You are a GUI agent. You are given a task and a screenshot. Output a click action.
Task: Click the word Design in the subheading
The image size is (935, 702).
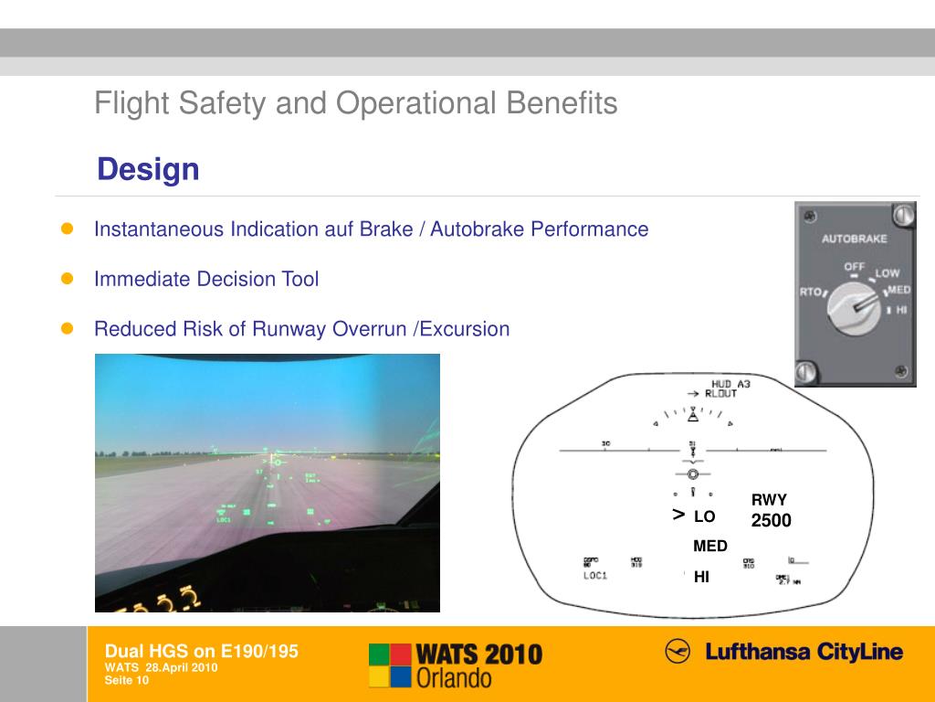point(148,169)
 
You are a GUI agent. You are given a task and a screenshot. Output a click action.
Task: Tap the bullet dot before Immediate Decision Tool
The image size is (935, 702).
point(67,279)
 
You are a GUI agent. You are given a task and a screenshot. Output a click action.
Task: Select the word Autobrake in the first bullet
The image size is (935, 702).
point(478,229)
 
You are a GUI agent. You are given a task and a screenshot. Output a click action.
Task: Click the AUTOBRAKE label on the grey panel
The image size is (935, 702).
point(855,239)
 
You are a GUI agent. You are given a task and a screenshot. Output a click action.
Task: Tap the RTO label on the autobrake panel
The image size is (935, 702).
point(810,292)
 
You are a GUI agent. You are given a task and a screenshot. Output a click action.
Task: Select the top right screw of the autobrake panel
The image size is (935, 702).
point(902,216)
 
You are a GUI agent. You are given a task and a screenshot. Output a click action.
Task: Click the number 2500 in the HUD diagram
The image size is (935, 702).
point(771,521)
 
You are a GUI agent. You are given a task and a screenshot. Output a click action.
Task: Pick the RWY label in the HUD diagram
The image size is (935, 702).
point(769,500)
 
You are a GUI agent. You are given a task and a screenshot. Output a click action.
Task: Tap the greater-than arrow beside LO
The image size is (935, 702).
point(678,516)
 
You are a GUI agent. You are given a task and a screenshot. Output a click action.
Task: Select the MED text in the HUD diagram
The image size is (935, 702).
point(710,546)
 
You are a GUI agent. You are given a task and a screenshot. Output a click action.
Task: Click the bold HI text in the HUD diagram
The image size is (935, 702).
point(701,577)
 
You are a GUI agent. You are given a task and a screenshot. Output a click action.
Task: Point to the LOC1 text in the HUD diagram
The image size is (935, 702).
point(595,576)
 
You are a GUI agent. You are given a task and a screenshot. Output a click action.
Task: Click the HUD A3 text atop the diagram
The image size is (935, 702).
point(730,384)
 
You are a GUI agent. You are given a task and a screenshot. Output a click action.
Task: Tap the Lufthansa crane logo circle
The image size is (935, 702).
point(678,652)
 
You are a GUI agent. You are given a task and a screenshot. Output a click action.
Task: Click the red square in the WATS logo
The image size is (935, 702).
point(379,654)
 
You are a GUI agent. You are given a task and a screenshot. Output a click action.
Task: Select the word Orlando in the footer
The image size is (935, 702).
point(454,677)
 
